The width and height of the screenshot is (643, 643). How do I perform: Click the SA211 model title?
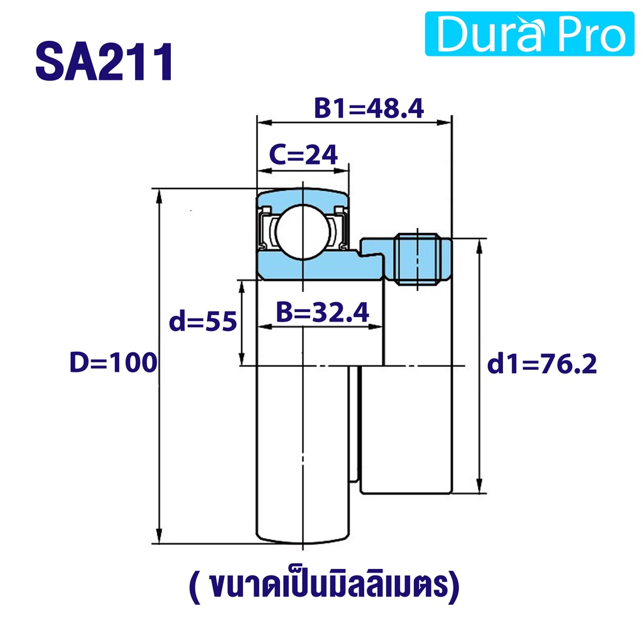(x=104, y=62)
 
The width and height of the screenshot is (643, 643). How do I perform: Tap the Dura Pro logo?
(x=529, y=34)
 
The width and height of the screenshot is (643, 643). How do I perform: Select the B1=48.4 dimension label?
(x=369, y=108)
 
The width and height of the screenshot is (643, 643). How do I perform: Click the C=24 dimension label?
(x=303, y=154)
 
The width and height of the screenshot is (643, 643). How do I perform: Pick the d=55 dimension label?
(x=203, y=321)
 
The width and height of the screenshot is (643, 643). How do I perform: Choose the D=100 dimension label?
(x=114, y=362)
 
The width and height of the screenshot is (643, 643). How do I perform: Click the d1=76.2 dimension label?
(x=542, y=364)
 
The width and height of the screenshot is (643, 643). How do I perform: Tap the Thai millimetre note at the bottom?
(x=324, y=587)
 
